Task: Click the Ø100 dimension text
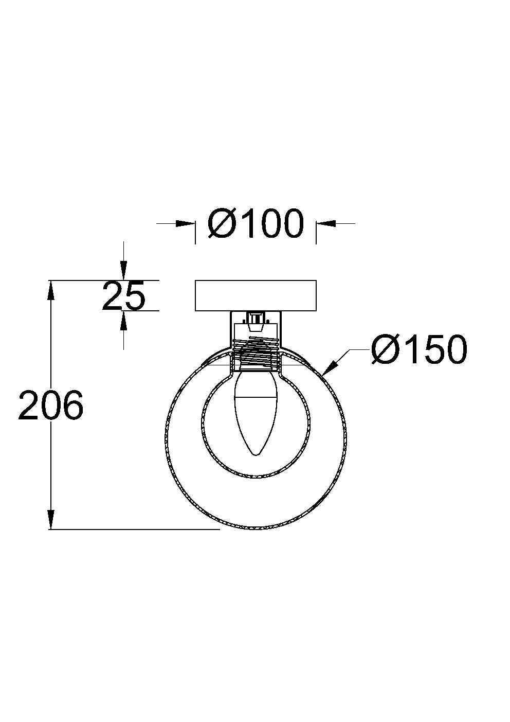pos(256,224)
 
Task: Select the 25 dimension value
pos(123,296)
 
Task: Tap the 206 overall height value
pos(50,406)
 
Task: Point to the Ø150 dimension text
pos(419,350)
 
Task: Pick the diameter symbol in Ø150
pos(387,350)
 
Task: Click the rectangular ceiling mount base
pos(256,295)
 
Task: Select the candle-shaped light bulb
pos(256,412)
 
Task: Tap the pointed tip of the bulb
pos(256,455)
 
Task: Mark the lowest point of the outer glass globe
pos(256,530)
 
